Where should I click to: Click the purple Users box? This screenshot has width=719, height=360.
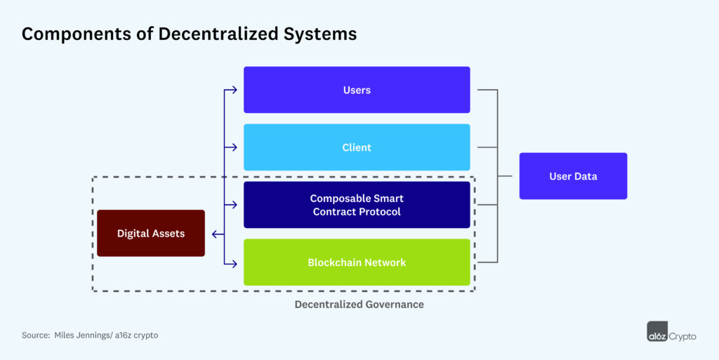[x=357, y=90]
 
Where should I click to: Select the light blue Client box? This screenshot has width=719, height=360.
[x=357, y=147]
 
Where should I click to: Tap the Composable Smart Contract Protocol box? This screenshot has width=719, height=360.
[x=357, y=205]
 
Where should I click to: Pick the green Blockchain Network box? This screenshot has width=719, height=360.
[x=357, y=262]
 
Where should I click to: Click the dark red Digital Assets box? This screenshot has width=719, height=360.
[x=151, y=233]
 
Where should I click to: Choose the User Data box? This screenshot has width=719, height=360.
[x=573, y=176]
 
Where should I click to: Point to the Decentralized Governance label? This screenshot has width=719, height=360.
[x=359, y=305]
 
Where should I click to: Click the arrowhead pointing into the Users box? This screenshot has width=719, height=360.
[x=237, y=90]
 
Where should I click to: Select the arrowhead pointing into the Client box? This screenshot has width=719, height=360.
[x=237, y=147]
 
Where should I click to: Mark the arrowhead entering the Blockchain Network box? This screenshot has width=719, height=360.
[x=237, y=263]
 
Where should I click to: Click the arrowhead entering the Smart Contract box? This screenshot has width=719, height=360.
[x=237, y=205]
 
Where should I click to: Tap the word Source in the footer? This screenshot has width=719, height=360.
[x=35, y=335]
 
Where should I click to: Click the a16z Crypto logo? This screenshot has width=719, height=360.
[x=671, y=332]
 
